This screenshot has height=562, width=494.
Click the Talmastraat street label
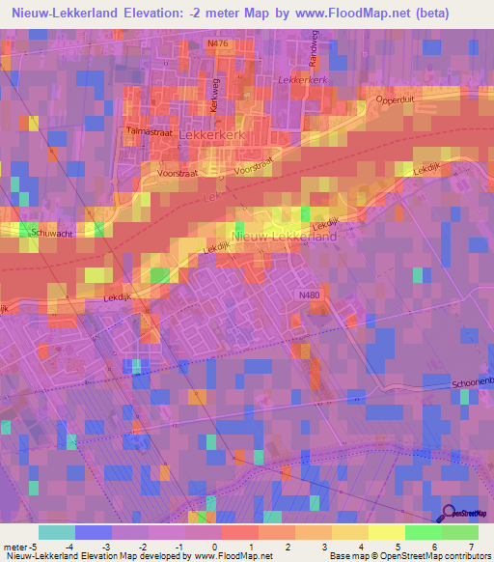148,128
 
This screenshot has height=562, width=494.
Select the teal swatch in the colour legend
56,532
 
